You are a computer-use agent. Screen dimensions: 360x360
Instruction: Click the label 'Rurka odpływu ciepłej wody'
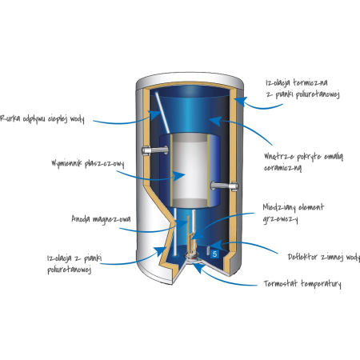pyautogui.click(x=42, y=118)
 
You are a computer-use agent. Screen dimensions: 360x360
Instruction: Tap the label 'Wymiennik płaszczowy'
pyautogui.click(x=88, y=163)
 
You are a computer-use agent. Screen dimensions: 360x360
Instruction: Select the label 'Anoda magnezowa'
pyautogui.click(x=101, y=219)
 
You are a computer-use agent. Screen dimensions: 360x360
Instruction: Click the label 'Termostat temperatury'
pyautogui.click(x=302, y=283)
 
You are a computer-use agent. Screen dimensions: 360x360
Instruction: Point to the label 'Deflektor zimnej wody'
pyautogui.click(x=324, y=257)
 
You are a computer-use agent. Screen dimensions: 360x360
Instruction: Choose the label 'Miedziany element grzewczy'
pyautogui.click(x=294, y=213)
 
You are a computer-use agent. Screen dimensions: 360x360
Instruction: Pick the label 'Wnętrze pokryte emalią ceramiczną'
pyautogui.click(x=303, y=162)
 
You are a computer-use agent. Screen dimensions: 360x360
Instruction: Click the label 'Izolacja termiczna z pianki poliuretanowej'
pyautogui.click(x=302, y=89)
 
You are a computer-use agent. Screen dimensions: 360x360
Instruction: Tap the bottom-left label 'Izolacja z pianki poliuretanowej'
pyautogui.click(x=74, y=264)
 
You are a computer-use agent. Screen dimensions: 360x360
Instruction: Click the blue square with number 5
pyautogui.click(x=214, y=254)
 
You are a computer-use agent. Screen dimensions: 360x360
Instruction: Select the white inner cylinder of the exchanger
pyautogui.click(x=190, y=170)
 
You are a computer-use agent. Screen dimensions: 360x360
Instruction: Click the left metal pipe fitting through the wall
pyautogui.click(x=155, y=150)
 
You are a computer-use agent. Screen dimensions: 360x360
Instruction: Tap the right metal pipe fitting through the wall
pyautogui.click(x=224, y=186)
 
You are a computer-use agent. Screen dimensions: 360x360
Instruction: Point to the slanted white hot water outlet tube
pyautogui.click(x=162, y=112)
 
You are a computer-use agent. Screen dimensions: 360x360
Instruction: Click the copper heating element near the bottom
pyautogui.click(x=191, y=234)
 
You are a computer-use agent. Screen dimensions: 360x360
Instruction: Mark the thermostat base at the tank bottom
pyautogui.click(x=193, y=258)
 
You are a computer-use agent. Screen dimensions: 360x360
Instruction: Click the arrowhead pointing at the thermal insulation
pyautogui.click(x=241, y=102)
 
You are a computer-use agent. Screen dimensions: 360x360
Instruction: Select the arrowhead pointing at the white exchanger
pyautogui.click(x=179, y=176)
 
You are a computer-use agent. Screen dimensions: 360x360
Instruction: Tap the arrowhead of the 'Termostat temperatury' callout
pyautogui.click(x=198, y=268)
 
